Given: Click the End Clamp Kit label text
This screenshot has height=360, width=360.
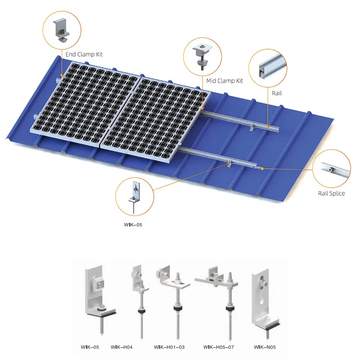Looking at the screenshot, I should click(84, 54).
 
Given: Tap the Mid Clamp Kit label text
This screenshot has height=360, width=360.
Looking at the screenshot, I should click(225, 81).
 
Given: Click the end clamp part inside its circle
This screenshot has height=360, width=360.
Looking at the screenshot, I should click(61, 29).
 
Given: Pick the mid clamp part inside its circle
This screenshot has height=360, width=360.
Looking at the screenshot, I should click(202, 56).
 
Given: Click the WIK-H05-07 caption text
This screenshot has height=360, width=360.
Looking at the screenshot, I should click(219, 347).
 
